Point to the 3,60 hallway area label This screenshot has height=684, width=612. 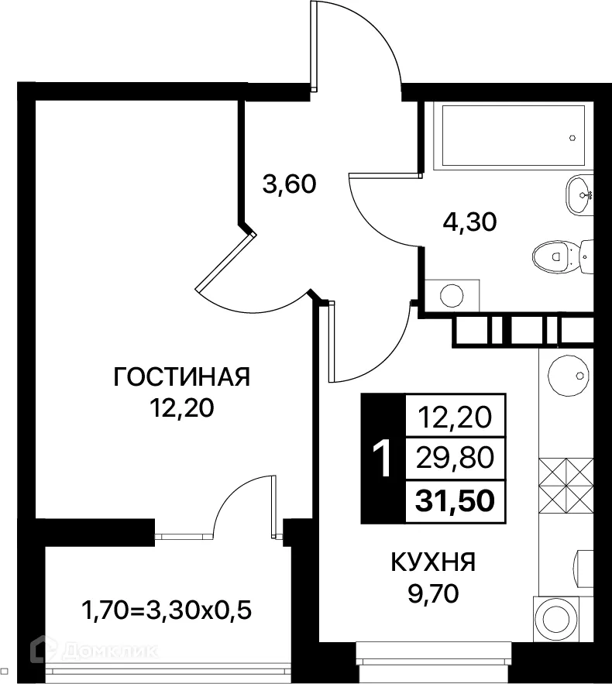(x=289, y=185)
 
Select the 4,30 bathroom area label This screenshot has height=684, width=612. (x=468, y=222)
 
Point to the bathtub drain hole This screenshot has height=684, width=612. (x=572, y=139)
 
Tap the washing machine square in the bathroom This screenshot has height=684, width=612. (x=452, y=294)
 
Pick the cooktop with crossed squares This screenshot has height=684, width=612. (x=564, y=482)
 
